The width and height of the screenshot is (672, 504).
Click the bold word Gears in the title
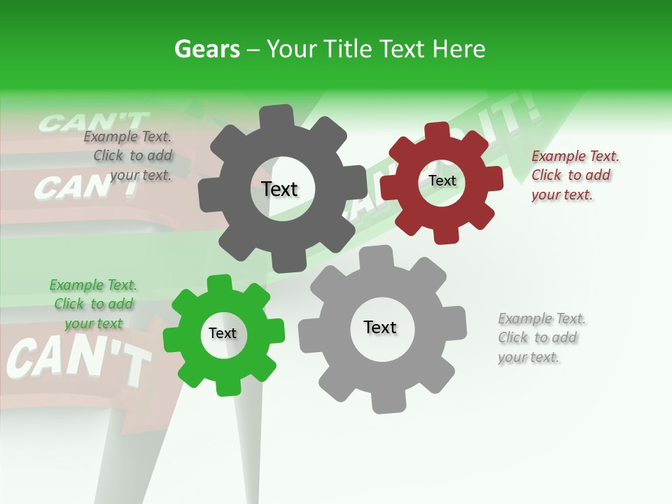[206, 49]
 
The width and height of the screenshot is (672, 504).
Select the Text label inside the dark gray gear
[279, 189]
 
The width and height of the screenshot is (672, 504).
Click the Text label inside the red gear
[442, 181]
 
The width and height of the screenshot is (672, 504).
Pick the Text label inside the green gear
[223, 333]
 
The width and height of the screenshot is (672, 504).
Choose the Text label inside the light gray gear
[380, 327]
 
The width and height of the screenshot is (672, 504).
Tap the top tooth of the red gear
[437, 130]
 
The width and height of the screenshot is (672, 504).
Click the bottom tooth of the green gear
[227, 386]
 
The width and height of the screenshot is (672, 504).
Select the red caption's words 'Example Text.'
[575, 156]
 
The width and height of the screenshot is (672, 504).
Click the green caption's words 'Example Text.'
[93, 285]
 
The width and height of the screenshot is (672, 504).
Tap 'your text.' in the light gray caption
[528, 357]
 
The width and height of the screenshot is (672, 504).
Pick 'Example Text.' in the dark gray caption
[127, 136]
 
